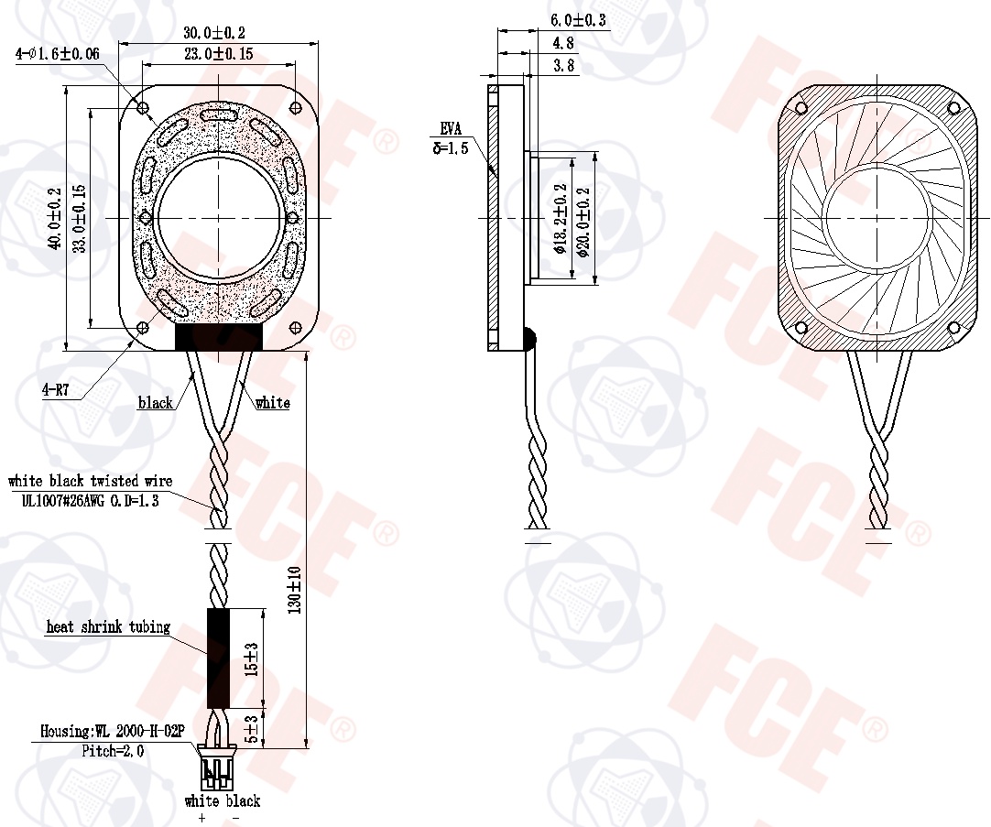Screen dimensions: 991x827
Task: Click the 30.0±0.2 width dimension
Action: [214, 32]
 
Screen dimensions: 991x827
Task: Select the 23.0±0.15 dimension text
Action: [219, 54]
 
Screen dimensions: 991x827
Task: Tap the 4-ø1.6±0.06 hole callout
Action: [58, 54]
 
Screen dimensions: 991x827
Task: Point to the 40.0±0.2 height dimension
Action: [56, 218]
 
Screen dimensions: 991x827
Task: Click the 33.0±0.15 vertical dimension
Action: [80, 218]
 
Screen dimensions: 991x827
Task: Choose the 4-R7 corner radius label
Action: [55, 390]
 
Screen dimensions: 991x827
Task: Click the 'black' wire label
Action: [156, 402]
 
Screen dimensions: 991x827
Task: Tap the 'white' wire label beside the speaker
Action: [272, 402]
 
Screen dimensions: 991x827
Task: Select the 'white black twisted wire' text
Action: [90, 481]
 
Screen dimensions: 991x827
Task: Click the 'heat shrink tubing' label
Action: [108, 626]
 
